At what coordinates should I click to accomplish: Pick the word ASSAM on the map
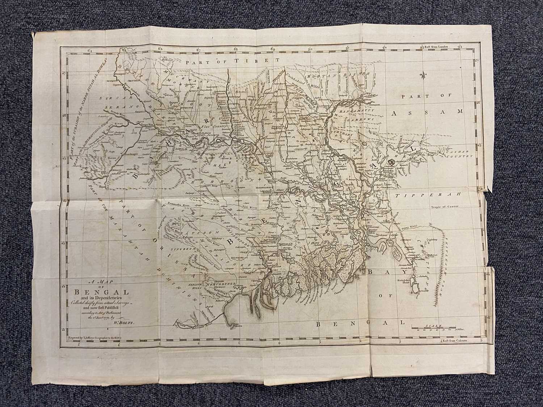click(427, 113)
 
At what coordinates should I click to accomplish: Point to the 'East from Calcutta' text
click(455, 341)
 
